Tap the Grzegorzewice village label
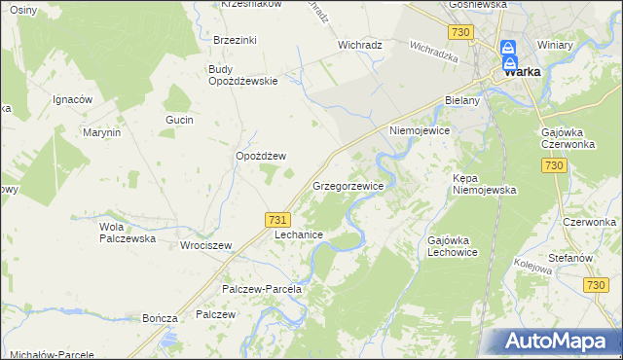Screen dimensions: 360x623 pos(348,185)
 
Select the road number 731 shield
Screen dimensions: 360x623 pos(276,221)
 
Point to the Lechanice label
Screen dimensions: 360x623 pos(299,235)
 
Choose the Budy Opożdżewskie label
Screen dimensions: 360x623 pos(243,75)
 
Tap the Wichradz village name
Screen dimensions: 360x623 pos(359,45)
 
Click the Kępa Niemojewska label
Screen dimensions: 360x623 pos(484,184)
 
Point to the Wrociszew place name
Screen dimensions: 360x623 pos(205,245)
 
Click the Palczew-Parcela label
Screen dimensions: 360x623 pos(263,289)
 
